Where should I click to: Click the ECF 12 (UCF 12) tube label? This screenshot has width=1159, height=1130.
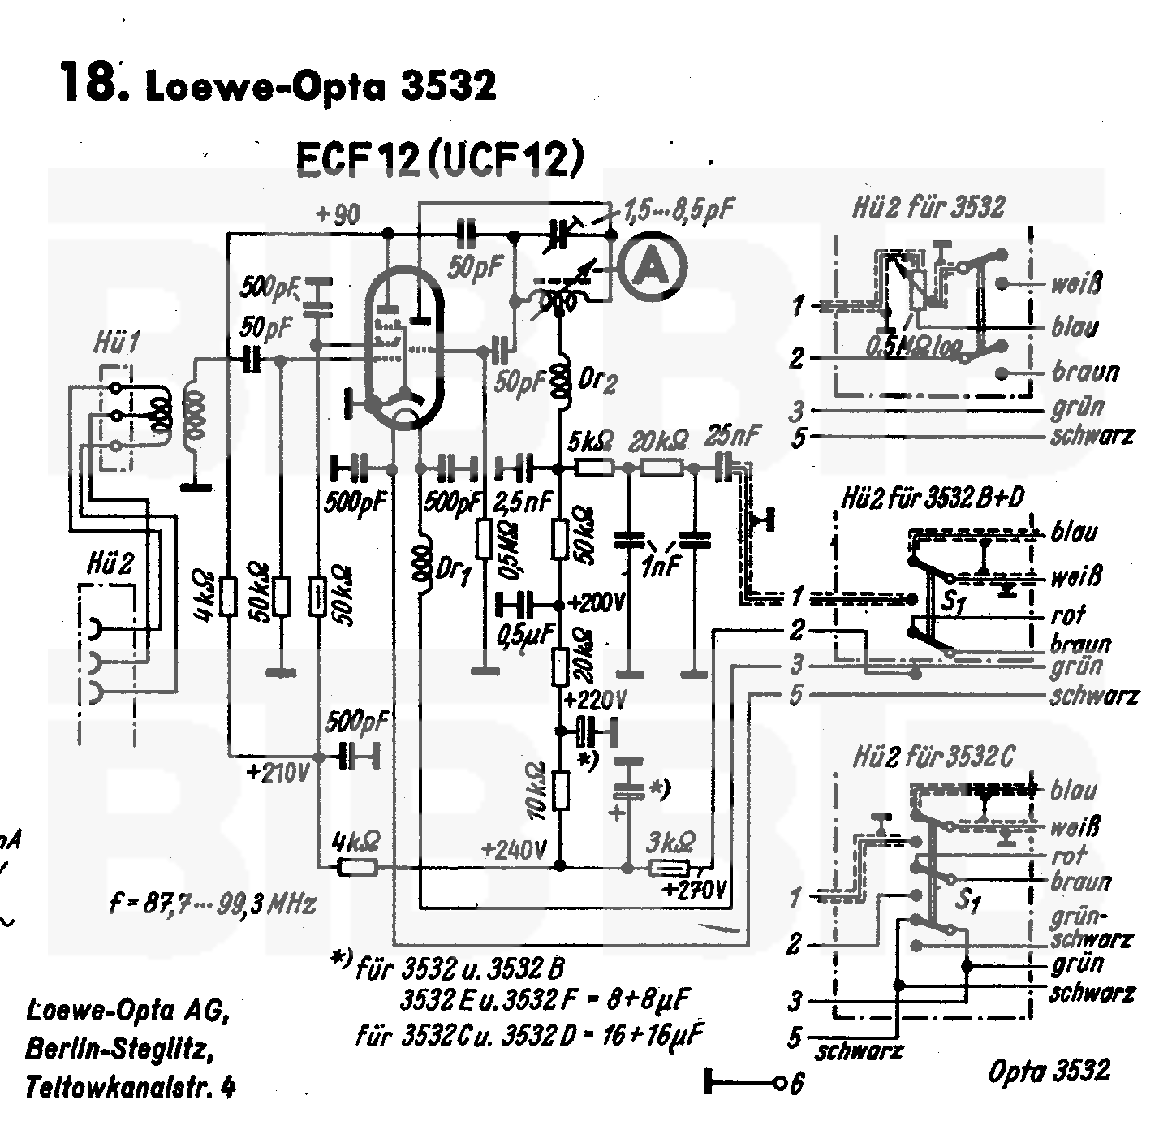[x=439, y=160]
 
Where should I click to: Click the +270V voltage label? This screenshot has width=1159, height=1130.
[x=694, y=890]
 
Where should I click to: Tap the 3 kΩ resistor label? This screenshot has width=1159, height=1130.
[x=670, y=842]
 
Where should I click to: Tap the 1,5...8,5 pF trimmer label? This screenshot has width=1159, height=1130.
[x=678, y=212]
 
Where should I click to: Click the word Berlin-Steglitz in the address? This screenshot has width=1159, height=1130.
[x=120, y=1050]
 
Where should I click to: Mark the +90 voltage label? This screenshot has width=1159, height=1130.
[x=338, y=215]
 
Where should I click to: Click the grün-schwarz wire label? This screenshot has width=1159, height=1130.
[x=1090, y=929]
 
